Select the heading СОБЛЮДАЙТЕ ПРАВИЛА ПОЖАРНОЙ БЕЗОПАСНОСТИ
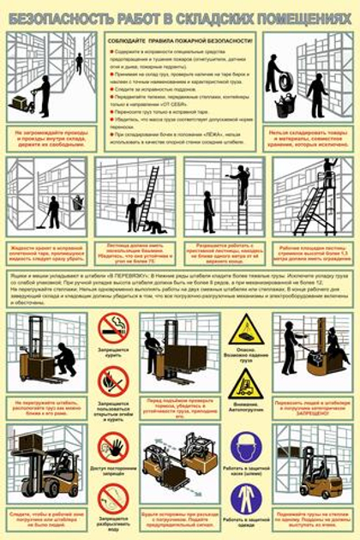pyautogui.click(x=180, y=42)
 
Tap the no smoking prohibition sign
pyautogui.click(x=113, y=327)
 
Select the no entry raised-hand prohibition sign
pyautogui.click(x=113, y=447)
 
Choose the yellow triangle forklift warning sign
pyautogui.click(x=246, y=382)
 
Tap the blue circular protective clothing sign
pyautogui.click(x=246, y=498)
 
